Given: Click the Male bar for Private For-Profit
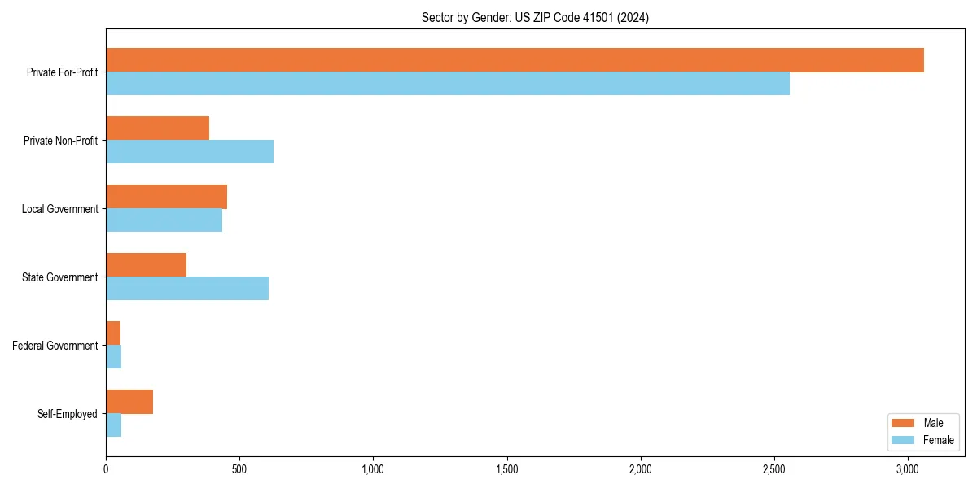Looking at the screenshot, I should pyautogui.click(x=515, y=60).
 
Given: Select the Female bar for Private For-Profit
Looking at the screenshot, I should pyautogui.click(x=448, y=84).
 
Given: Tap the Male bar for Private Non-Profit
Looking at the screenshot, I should pyautogui.click(x=157, y=129).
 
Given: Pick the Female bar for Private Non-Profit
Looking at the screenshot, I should pyautogui.click(x=190, y=152).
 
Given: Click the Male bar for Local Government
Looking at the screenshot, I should pyautogui.click(x=166, y=197).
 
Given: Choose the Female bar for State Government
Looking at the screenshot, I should pyautogui.click(x=187, y=289).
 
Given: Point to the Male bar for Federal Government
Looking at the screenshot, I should pyautogui.click(x=113, y=333).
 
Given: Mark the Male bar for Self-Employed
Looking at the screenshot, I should pyautogui.click(x=129, y=402).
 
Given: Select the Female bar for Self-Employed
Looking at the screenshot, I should pyautogui.click(x=113, y=425).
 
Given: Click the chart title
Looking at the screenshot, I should pyautogui.click(x=535, y=17).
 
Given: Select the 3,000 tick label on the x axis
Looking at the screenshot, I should pyautogui.click(x=909, y=469).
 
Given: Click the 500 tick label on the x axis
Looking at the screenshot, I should pyautogui.click(x=239, y=469).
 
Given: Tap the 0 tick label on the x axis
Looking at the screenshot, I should pyautogui.click(x=106, y=469).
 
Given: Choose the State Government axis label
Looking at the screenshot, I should pyautogui.click(x=59, y=277).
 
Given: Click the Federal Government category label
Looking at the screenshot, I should pyautogui.click(x=55, y=346).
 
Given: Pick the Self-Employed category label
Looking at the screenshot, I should pyautogui.click(x=68, y=414).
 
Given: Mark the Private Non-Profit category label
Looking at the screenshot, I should pyautogui.click(x=60, y=141).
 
